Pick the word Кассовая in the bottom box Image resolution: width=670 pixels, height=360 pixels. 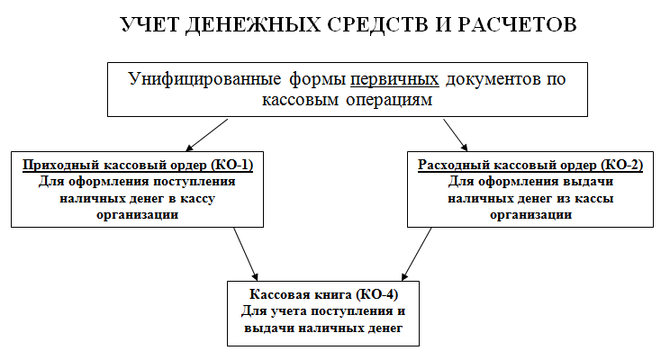[281, 295]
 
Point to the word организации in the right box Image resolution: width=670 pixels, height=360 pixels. [530, 215]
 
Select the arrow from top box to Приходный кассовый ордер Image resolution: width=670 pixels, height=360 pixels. [206, 134]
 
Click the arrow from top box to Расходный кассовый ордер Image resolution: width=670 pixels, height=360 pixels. [457, 133]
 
